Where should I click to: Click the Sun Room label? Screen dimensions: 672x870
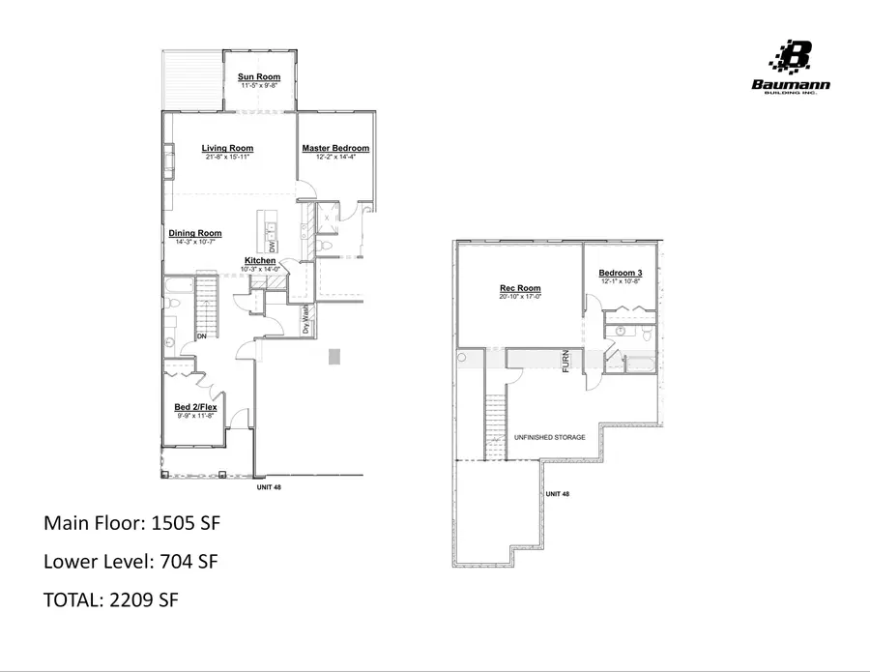259,76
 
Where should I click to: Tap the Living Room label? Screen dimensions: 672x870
228,148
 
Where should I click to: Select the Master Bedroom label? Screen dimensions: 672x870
335,148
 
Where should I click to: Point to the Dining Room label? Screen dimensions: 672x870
195,233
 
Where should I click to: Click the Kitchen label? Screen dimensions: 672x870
261,261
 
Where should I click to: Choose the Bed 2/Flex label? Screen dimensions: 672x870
195,408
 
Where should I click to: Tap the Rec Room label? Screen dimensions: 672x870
520,288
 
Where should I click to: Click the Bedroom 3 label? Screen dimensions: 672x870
621,273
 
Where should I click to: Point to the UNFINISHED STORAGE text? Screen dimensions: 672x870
549,438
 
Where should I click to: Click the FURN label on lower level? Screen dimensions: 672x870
567,360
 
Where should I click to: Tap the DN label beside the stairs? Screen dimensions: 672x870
202,336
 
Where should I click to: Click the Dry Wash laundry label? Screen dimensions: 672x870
305,320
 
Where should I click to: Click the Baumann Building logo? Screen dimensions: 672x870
791,68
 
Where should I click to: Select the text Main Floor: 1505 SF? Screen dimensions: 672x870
132,523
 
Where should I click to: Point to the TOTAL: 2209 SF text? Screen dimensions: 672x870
112,599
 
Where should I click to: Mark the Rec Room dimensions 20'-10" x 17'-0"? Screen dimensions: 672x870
520,298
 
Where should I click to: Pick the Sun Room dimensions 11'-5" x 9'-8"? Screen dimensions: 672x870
259,86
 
